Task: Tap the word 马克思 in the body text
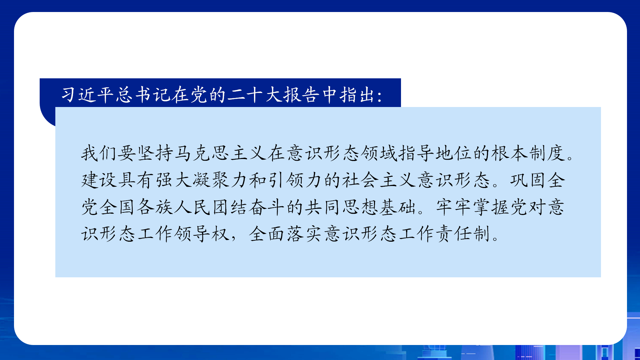pyautogui.click(x=201, y=153)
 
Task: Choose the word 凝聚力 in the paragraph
pyautogui.click(x=220, y=180)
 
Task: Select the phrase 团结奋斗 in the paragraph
pyautogui.click(x=248, y=207)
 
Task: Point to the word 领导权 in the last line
pyautogui.click(x=201, y=234)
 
